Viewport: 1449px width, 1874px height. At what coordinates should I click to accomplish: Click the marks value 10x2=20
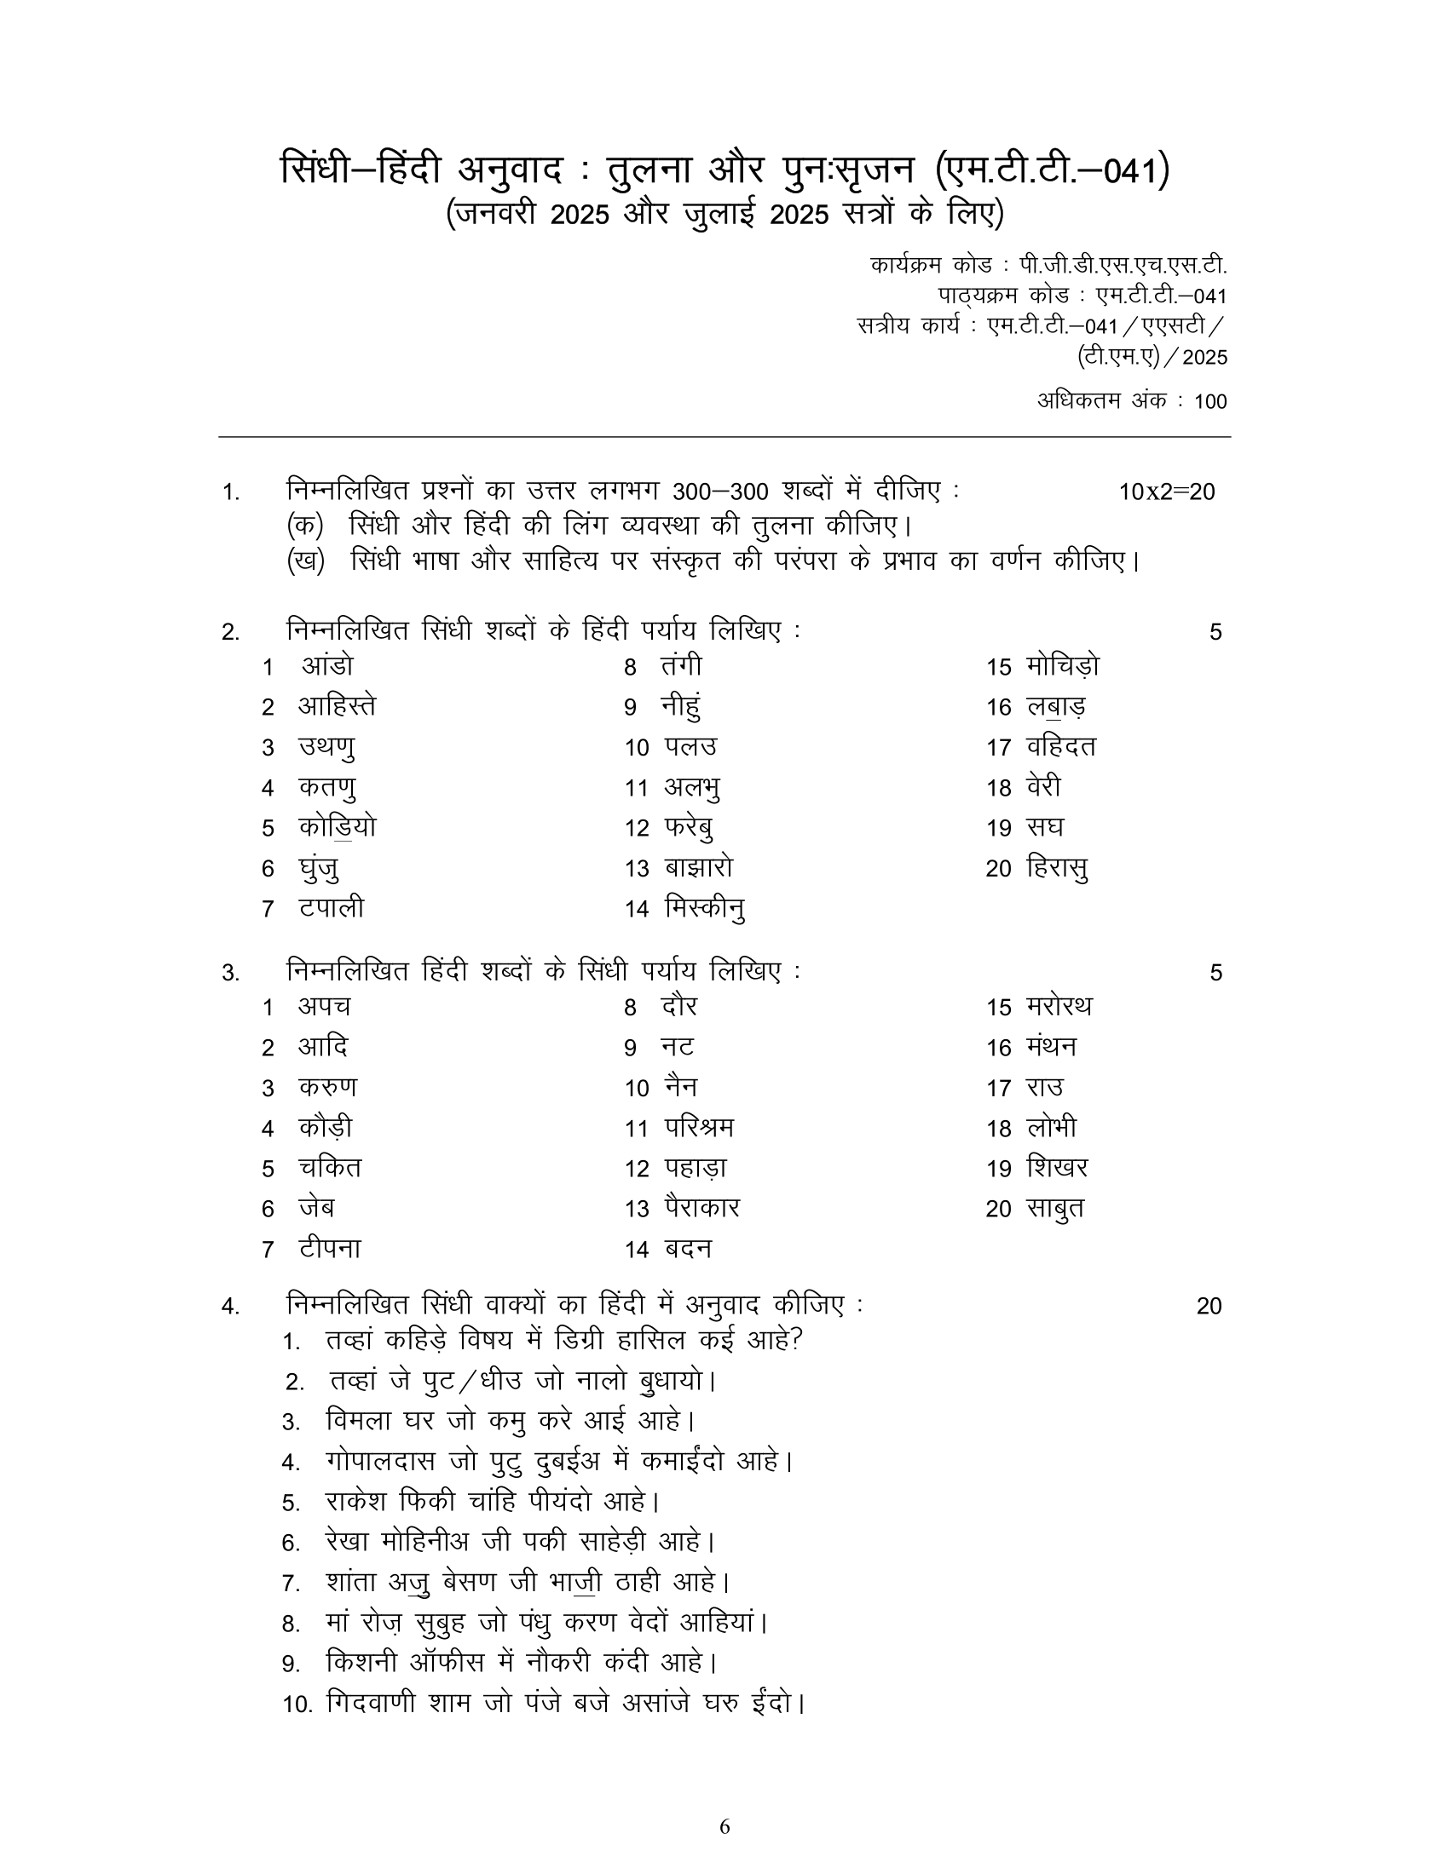point(1167,491)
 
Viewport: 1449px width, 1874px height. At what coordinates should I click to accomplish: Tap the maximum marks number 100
point(1210,401)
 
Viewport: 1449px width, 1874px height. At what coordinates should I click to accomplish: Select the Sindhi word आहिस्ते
point(337,706)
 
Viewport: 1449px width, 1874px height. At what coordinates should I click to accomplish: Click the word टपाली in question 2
point(332,908)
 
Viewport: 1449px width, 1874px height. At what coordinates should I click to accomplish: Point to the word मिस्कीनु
point(704,908)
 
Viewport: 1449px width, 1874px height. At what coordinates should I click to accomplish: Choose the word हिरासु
point(1057,868)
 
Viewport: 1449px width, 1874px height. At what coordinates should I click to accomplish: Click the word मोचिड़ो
point(1062,667)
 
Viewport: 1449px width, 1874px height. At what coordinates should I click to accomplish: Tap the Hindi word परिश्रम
point(699,1128)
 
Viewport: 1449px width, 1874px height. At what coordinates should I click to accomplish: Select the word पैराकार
point(701,1208)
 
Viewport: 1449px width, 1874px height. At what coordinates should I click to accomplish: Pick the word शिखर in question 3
point(1057,1168)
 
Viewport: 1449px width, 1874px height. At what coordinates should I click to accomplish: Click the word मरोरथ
point(1059,1007)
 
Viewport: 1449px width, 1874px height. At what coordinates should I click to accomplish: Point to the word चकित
point(330,1168)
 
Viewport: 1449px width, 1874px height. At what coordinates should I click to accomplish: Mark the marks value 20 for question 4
point(1209,1306)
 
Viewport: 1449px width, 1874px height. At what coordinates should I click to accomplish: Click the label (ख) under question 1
point(306,561)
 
